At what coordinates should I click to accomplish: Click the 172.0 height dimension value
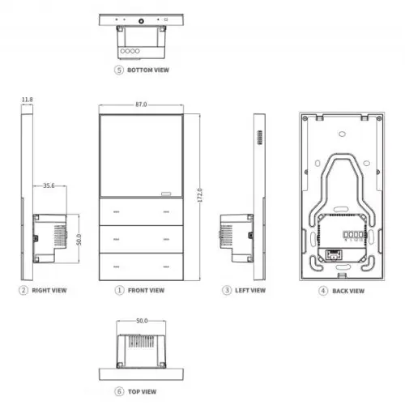[x=198, y=195]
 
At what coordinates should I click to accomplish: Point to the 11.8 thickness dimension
[x=27, y=100]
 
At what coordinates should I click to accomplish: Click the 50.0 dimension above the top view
[x=142, y=322]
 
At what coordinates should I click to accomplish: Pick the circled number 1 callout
[x=119, y=290]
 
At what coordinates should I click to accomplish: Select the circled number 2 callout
[x=23, y=290]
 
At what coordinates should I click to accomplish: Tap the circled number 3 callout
[x=227, y=290]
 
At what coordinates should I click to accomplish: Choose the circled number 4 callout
[x=323, y=290]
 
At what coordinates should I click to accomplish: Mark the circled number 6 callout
[x=120, y=391]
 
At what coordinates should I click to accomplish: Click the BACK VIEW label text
[x=348, y=290]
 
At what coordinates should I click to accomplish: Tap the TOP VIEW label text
[x=144, y=391]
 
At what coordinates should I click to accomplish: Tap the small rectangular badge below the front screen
[x=168, y=194]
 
